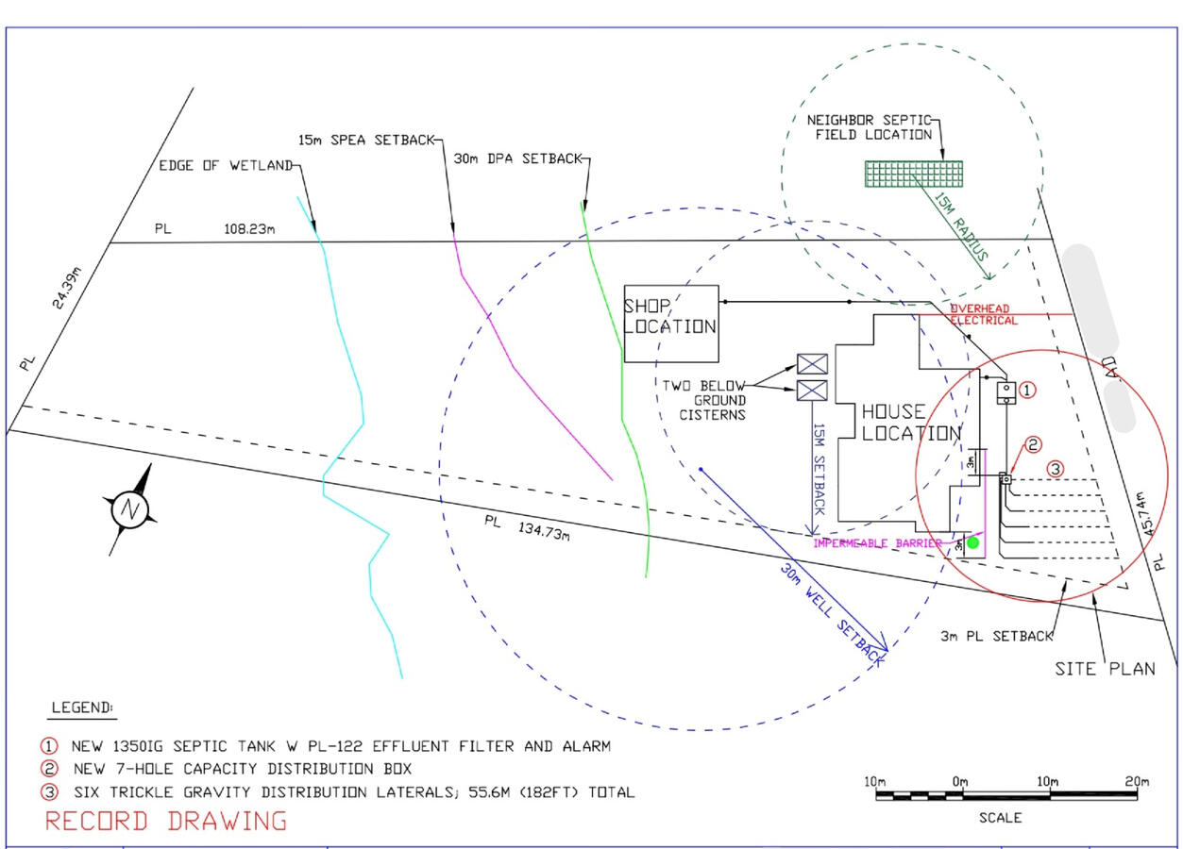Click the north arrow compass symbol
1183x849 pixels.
129,510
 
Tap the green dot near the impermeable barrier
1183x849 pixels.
972,542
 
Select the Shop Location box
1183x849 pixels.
670,324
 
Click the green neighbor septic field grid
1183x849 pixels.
914,173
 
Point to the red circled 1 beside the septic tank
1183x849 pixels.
1029,389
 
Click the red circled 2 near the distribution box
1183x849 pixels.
1034,444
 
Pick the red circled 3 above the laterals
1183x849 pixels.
1056,468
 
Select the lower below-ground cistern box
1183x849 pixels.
812,391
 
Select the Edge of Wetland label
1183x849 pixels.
226,167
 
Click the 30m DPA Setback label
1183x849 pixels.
517,158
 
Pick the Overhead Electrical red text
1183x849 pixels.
984,315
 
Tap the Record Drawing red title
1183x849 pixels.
165,821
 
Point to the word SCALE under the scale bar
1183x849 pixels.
1000,818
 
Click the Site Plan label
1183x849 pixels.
1105,669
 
